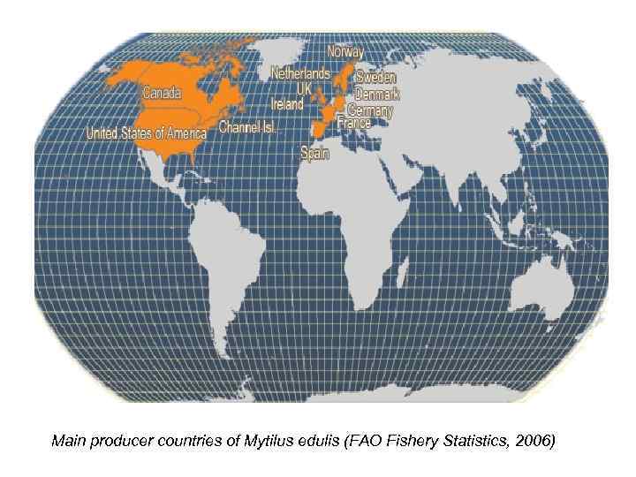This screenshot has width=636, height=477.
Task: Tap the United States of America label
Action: click(x=146, y=133)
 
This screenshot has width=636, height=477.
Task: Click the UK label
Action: click(x=305, y=88)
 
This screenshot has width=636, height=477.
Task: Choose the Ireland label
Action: click(x=287, y=103)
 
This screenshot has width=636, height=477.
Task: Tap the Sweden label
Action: click(x=375, y=77)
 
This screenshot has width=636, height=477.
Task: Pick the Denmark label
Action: click(x=377, y=94)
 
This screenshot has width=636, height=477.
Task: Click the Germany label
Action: click(x=370, y=110)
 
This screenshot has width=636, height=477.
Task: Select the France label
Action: click(x=353, y=124)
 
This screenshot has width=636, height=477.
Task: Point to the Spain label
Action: click(x=315, y=153)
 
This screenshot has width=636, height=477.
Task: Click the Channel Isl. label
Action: click(x=248, y=127)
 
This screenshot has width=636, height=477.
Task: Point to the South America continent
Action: click(x=234, y=256)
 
